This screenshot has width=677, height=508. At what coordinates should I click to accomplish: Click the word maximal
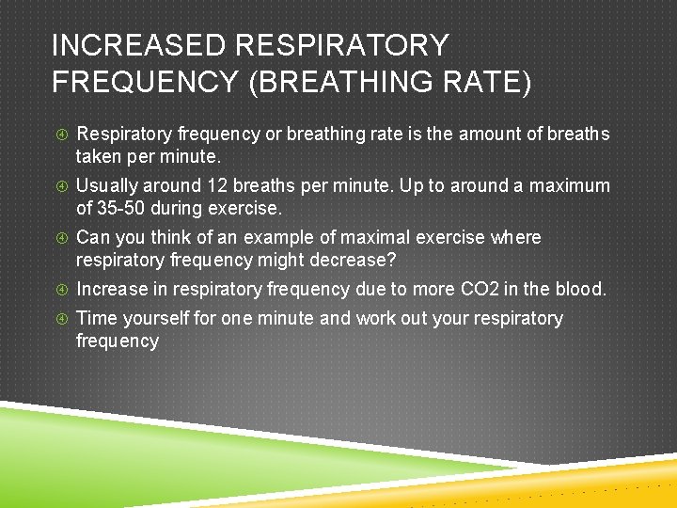[x=369, y=238]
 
